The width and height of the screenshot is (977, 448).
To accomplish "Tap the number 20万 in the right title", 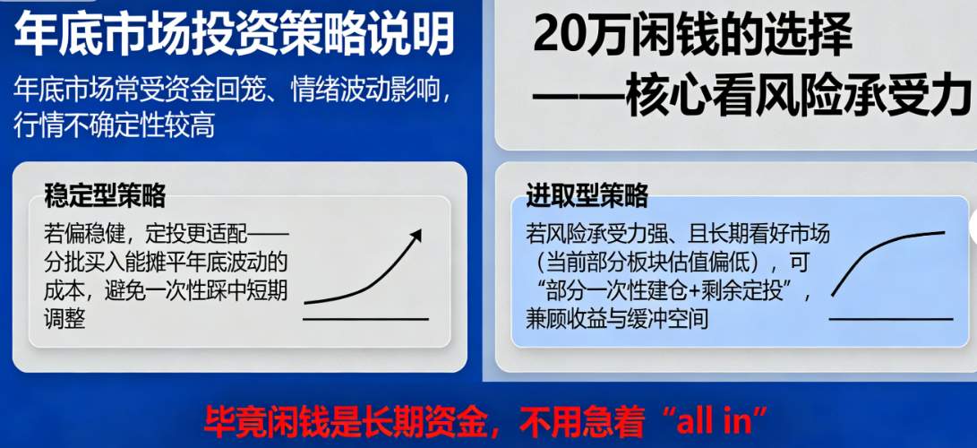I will [x=580, y=37].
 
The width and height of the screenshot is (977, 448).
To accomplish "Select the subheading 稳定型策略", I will [x=105, y=194].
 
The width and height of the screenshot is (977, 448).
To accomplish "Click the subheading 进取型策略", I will [x=587, y=194].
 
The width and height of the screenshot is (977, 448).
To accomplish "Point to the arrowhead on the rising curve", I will [x=415, y=235].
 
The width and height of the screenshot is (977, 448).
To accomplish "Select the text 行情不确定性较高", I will [x=114, y=125].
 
